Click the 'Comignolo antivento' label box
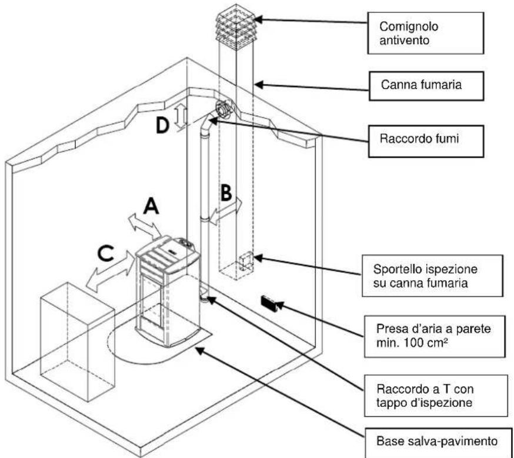click(426, 33)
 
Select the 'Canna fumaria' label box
click(426, 86)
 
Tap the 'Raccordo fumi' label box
click(426, 141)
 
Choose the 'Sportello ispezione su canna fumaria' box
click(432, 276)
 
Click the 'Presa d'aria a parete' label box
click(435, 336)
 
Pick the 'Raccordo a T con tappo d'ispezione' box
click(436, 396)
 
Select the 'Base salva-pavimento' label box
click(438, 442)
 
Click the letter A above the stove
click(151, 207)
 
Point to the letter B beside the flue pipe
click(226, 193)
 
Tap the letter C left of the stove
click(106, 253)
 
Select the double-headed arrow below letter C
click(111, 271)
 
